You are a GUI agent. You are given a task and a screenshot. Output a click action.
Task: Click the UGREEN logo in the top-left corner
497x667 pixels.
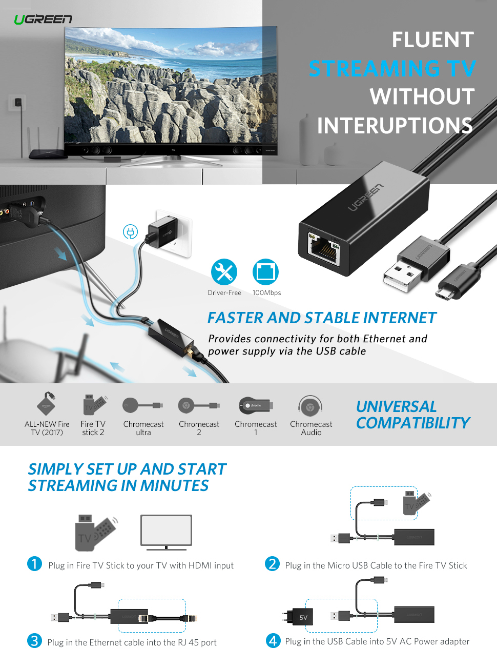(43, 19)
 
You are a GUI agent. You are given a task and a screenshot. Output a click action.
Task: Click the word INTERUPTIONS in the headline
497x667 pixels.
(395, 126)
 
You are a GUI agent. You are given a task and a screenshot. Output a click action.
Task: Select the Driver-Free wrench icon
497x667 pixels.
(224, 272)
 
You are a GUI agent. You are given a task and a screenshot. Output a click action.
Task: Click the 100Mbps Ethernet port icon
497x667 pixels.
(265, 272)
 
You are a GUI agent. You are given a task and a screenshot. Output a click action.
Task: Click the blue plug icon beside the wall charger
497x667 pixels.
(130, 232)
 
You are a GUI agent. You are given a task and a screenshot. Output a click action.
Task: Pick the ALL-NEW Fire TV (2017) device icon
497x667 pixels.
(47, 404)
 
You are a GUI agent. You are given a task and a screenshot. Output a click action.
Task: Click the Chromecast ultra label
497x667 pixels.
(143, 428)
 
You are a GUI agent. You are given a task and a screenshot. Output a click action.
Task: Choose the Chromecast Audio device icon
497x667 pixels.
(310, 407)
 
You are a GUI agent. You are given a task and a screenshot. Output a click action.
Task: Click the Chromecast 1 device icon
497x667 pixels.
(256, 406)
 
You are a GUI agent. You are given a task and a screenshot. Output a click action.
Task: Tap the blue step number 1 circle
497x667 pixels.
(34, 564)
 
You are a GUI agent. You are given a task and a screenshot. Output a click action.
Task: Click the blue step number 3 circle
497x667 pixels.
(34, 640)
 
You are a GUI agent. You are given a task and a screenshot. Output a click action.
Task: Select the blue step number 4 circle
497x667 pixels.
(273, 640)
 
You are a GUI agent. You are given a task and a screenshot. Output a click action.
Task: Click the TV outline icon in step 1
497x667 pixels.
(166, 532)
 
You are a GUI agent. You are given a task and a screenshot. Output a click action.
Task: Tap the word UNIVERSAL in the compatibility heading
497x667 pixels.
(396, 406)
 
